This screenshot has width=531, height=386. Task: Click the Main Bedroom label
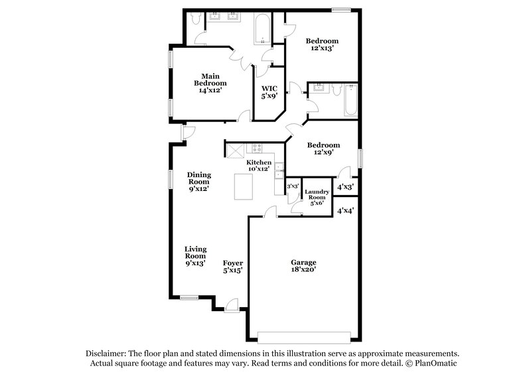[x=210, y=84]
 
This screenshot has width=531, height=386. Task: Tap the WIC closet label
[x=269, y=92]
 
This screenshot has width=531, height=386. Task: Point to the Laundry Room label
[x=316, y=198]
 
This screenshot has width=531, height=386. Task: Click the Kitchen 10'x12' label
[x=258, y=166]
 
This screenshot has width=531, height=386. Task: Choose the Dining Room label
[x=198, y=182]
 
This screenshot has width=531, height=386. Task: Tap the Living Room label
[x=195, y=256]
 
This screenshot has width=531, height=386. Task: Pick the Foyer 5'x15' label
[x=232, y=266]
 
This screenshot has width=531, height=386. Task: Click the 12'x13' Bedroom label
[x=322, y=44]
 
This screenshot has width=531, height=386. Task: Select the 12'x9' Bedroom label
[x=323, y=149]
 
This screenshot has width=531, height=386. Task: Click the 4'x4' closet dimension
[x=345, y=211]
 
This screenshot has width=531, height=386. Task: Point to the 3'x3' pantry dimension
[x=292, y=187]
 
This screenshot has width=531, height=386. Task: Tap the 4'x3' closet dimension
[x=345, y=187]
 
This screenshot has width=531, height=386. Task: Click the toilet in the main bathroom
[x=194, y=19]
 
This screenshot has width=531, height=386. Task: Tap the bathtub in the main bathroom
[x=260, y=27]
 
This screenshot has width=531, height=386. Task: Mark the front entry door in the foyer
[x=232, y=304]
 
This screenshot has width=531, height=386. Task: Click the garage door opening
[x=303, y=333]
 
